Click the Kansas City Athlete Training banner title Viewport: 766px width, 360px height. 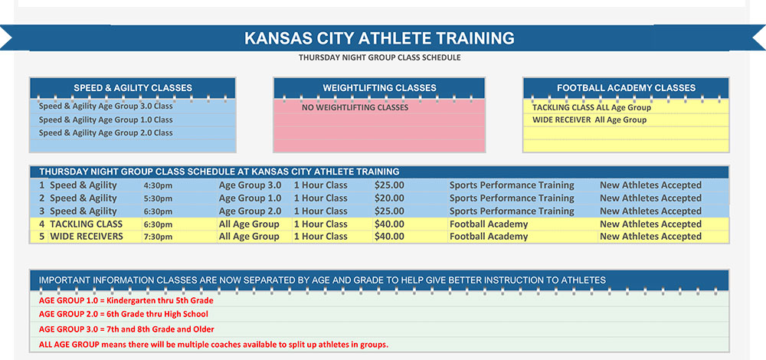(379, 38)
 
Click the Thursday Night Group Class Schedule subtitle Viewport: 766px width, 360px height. (379, 57)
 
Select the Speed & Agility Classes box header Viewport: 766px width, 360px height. (133, 88)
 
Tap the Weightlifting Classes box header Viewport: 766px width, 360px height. (379, 88)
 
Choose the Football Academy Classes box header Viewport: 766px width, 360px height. (626, 88)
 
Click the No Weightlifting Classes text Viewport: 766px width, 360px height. (355, 108)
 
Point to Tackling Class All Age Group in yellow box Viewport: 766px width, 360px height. (591, 108)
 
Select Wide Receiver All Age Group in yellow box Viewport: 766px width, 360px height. (589, 120)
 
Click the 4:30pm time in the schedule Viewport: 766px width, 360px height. (158, 185)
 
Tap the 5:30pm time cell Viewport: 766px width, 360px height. (158, 198)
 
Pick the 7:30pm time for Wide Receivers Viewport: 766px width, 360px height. (158, 237)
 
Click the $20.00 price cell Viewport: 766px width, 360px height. (389, 198)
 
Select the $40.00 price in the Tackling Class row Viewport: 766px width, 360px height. (389, 224)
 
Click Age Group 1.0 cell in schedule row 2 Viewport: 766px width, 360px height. (250, 198)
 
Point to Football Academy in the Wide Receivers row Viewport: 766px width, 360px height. (489, 237)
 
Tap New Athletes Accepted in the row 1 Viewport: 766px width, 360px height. (650, 185)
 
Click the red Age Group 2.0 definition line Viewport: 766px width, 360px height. (123, 314)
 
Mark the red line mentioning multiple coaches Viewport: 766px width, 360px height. (214, 345)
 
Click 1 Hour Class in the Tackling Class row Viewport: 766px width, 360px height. (321, 224)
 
